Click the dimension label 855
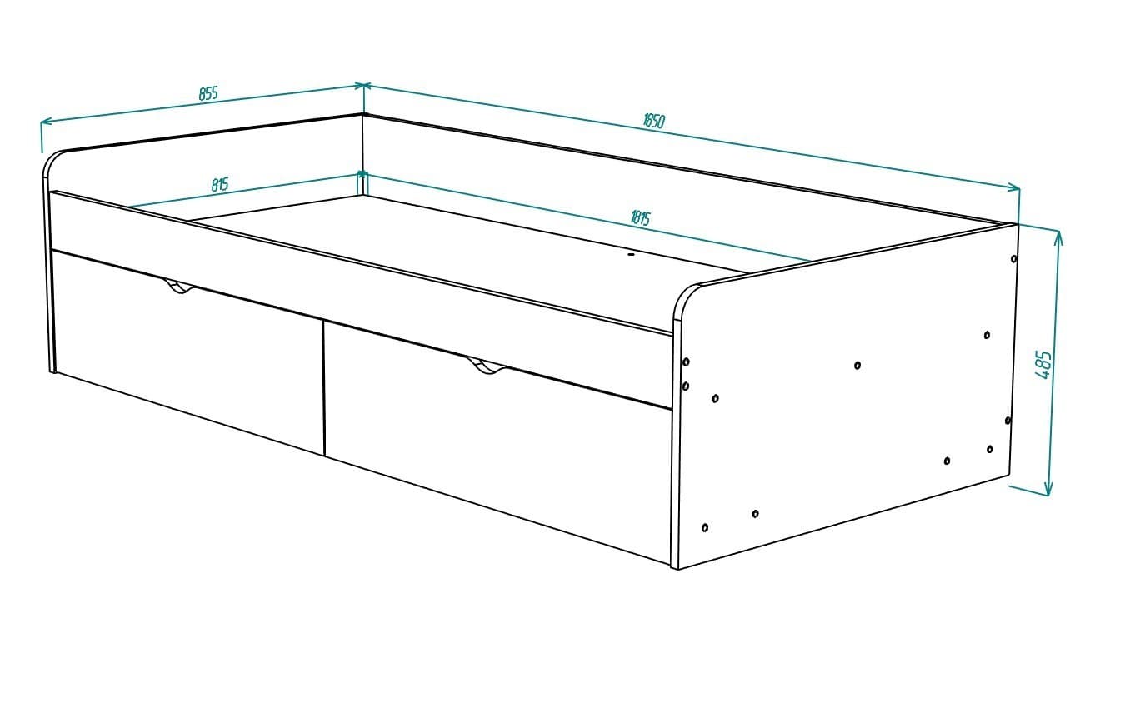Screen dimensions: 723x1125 [x=208, y=93]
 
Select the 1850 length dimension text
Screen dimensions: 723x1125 [x=654, y=120]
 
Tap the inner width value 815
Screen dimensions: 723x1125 [x=220, y=184]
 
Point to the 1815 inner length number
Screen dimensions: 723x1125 [x=640, y=219]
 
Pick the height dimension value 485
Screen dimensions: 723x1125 [x=1042, y=365]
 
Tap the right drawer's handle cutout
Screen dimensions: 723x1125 [x=487, y=366]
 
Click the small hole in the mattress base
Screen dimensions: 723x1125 [x=631, y=254]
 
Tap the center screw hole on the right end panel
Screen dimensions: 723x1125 [x=857, y=365]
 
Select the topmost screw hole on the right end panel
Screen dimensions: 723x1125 [x=1014, y=258]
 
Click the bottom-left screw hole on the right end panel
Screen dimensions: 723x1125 [x=706, y=527]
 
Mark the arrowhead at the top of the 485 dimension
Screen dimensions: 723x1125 [x=1058, y=237]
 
